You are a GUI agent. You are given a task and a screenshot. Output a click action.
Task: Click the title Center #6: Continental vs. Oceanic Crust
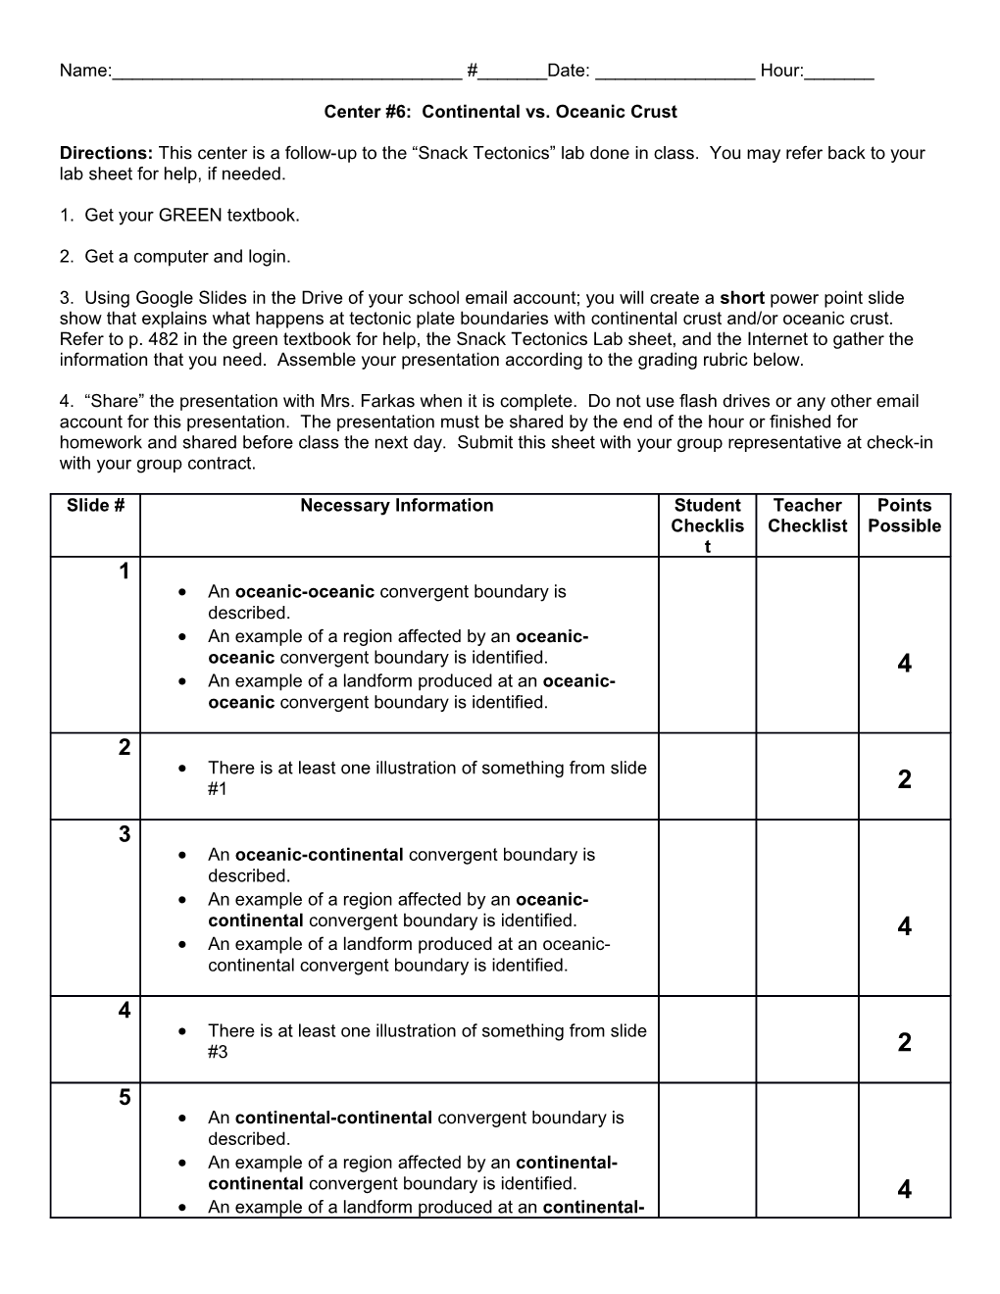click(500, 112)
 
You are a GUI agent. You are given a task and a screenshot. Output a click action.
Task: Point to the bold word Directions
click(106, 153)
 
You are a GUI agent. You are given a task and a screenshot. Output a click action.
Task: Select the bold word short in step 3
click(742, 298)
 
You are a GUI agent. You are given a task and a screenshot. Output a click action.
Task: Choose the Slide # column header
click(95, 506)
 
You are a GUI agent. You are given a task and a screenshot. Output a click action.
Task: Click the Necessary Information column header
click(397, 506)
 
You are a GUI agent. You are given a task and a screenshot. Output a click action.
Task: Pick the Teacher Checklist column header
click(807, 516)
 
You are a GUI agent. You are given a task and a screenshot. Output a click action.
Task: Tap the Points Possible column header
click(904, 516)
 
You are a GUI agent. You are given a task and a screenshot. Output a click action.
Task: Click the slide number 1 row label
click(125, 572)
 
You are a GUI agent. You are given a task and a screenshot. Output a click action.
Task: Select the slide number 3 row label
click(125, 834)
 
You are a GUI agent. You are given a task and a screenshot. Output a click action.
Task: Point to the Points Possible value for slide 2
click(904, 779)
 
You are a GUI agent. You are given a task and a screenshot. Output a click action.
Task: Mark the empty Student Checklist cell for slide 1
click(707, 645)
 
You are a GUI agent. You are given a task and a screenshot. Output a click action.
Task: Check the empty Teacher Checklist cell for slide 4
click(807, 1040)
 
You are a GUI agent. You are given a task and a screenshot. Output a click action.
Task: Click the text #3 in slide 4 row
click(218, 1052)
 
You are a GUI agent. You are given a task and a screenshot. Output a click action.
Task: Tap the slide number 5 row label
click(125, 1097)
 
